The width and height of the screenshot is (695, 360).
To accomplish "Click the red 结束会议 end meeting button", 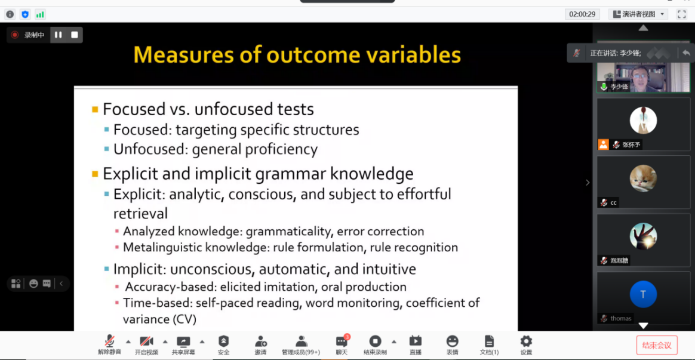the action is point(657,345).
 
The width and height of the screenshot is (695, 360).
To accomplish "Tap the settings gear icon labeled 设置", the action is point(526,341).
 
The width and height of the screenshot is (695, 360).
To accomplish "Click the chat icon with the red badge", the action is point(342,341).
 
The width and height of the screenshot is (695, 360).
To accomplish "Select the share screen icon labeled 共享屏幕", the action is point(183,341).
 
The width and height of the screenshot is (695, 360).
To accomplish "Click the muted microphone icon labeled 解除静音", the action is point(109,341).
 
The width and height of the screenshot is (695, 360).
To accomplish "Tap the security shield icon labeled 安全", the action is point(223,341).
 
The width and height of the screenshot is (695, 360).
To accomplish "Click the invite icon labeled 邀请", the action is point(260,341).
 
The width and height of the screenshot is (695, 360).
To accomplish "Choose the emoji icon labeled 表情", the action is point(452,341).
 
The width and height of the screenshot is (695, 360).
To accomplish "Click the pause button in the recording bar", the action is point(58,35).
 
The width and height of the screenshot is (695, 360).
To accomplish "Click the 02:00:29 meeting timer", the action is point(582,14).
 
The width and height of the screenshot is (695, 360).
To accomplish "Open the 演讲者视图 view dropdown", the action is point(638,14).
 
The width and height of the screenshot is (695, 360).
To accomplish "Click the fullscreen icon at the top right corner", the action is point(681,14).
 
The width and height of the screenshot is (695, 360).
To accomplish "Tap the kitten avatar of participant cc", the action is point(643,179).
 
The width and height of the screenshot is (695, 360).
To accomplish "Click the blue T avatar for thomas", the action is point(643,294).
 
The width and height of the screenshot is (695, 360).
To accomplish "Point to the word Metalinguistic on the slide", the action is point(167,247).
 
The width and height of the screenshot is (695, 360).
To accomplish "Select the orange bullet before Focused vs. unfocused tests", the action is point(95,109).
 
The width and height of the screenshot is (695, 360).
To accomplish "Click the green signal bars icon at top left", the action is point(40,14).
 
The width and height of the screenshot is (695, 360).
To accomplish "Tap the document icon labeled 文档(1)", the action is point(489,341).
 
